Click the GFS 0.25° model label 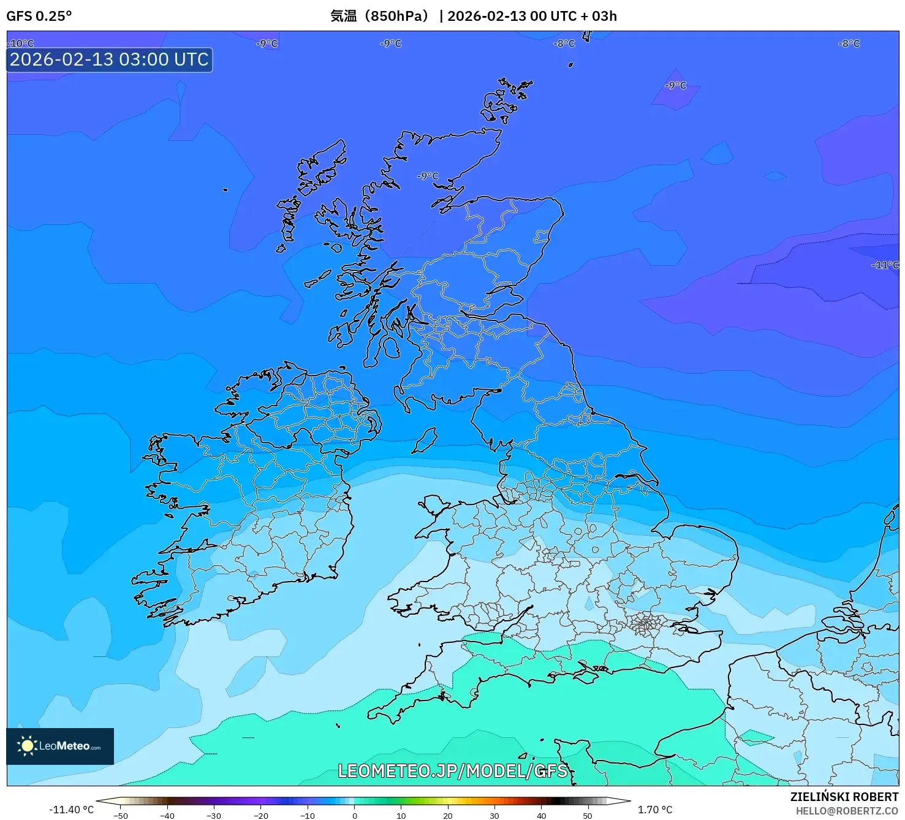pyautogui.click(x=39, y=16)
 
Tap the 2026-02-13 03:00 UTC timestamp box pyautogui.click(x=109, y=60)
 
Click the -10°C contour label pyautogui.click(x=21, y=44)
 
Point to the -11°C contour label pyautogui.click(x=884, y=265)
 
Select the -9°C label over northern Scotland pyautogui.click(x=428, y=176)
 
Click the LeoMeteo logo pyautogui.click(x=60, y=746)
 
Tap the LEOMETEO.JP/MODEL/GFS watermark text pyautogui.click(x=453, y=770)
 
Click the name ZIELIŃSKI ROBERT pyautogui.click(x=844, y=797)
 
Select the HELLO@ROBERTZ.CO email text pyautogui.click(x=846, y=811)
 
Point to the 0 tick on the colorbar pyautogui.click(x=354, y=815)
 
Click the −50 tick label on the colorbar pyautogui.click(x=121, y=815)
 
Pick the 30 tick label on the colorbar pyautogui.click(x=494, y=815)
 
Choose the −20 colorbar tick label pyautogui.click(x=260, y=815)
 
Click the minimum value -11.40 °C pyautogui.click(x=71, y=810)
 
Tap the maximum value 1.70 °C pyautogui.click(x=655, y=810)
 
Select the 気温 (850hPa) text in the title pyautogui.click(x=380, y=16)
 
